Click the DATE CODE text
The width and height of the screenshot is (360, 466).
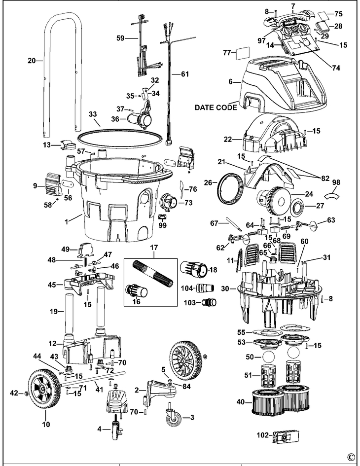tap(216, 107)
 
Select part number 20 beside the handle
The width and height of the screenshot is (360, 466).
tap(32, 62)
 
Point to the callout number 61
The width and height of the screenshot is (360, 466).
tap(184, 74)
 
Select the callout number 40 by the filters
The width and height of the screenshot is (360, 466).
tap(240, 402)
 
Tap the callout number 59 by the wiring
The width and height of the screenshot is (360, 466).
tap(120, 37)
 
